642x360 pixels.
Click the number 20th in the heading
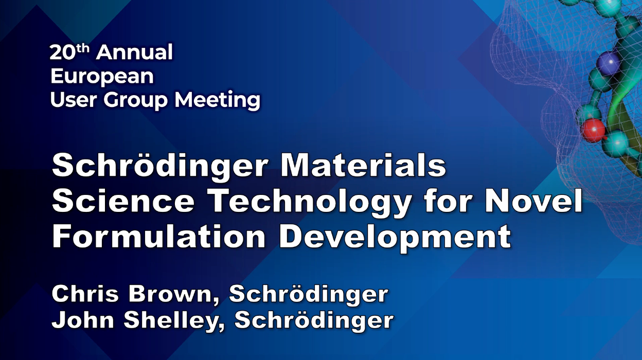69,52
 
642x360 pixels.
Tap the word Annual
134,52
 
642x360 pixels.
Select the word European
102,77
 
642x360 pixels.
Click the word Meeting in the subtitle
218,101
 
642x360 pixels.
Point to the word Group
135,101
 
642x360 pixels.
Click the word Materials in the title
363,166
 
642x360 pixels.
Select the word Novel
533,201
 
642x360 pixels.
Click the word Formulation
159,236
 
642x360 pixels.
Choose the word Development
395,238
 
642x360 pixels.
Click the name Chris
85,294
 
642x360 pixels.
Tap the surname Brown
174,295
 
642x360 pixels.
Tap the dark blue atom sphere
608,62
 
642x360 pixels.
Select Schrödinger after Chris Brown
309,295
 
